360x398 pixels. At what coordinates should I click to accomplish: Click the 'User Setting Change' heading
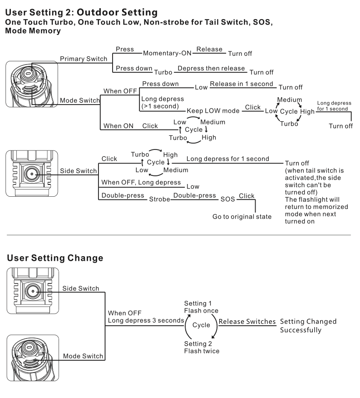click(x=55, y=258)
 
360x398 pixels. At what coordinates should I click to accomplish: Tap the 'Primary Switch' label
click(x=84, y=59)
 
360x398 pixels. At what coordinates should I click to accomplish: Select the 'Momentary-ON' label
click(x=167, y=53)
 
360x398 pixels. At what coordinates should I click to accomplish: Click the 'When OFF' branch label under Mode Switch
click(x=120, y=91)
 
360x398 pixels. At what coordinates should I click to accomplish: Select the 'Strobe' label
click(x=159, y=199)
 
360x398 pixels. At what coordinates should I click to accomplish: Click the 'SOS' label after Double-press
click(x=228, y=199)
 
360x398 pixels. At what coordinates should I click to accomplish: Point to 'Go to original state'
click(x=242, y=217)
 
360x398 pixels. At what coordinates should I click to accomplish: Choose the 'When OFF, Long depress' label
click(x=141, y=182)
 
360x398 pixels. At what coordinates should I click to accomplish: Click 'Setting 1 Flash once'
click(x=201, y=307)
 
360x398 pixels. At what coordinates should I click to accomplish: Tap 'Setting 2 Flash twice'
click(x=202, y=348)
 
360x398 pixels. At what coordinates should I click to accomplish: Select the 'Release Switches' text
click(x=247, y=322)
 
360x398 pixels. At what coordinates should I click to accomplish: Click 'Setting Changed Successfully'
click(x=308, y=326)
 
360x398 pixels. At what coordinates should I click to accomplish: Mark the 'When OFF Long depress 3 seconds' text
click(x=145, y=317)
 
